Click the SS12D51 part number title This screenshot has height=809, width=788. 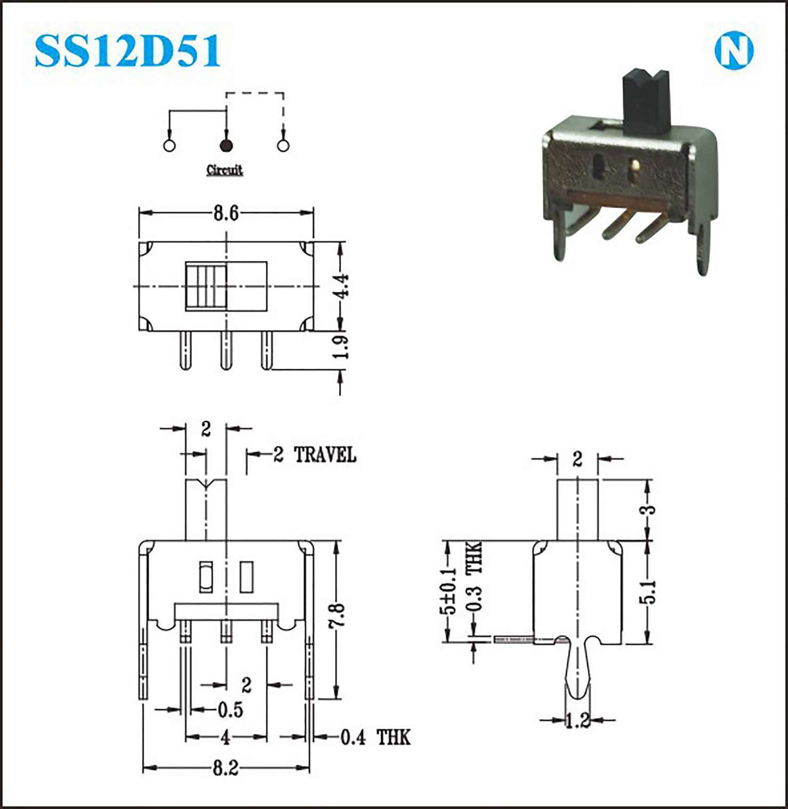coord(127,51)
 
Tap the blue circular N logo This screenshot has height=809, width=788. coord(734,51)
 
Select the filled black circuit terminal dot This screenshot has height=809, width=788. coord(226,145)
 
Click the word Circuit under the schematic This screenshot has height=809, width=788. coord(224,170)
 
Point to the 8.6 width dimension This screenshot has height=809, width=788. coord(226,213)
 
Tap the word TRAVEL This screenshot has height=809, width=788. coord(325,455)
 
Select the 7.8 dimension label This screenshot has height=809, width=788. coord(337,616)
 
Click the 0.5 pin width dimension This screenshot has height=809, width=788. coord(230,710)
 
